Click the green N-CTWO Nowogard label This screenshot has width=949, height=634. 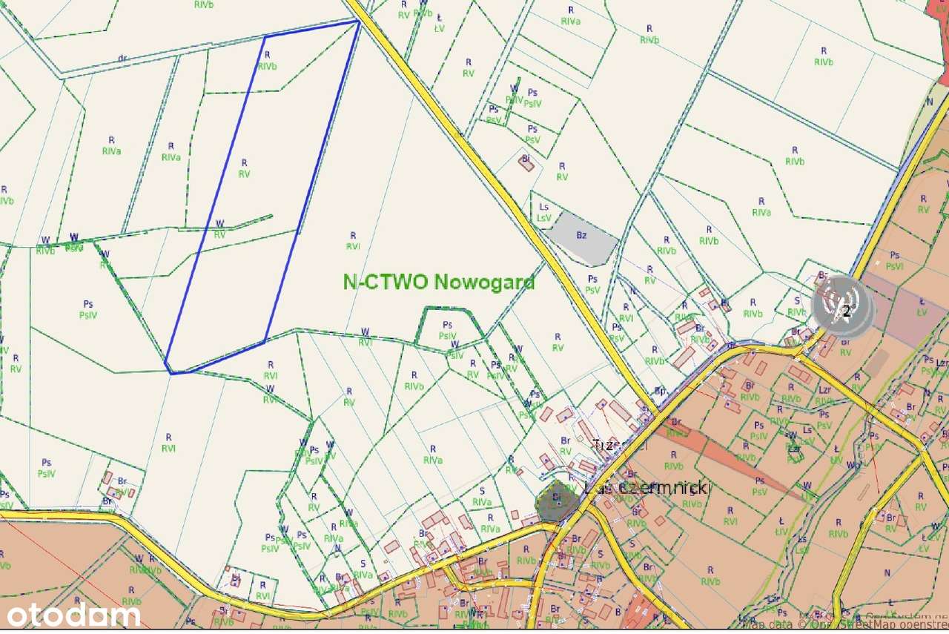438,282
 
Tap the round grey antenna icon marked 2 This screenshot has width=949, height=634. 843,306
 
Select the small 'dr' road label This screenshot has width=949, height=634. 122,58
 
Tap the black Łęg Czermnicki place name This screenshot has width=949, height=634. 647,488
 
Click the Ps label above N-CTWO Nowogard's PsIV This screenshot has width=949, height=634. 447,325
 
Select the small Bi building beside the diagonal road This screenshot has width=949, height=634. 526,163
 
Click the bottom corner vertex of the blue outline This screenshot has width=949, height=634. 171,373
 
